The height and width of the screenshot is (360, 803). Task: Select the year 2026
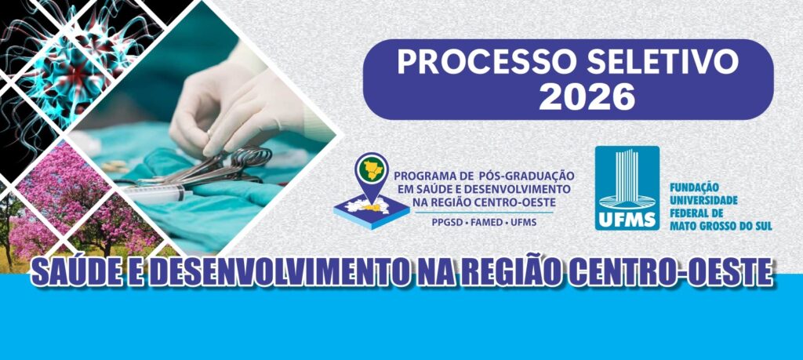(x=587, y=96)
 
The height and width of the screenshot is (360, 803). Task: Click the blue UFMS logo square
(x=627, y=188)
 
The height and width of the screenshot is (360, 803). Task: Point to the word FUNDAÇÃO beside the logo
(x=692, y=188)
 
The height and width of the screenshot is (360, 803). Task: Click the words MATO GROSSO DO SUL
(x=720, y=226)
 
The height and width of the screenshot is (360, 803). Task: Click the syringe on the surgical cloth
(x=154, y=194)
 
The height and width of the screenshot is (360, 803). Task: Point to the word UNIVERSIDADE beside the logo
(x=703, y=201)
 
